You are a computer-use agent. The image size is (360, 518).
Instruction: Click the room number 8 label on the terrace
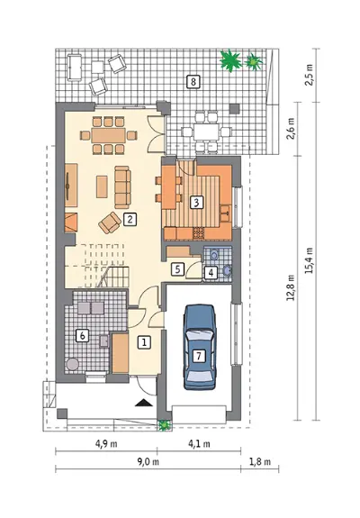[193, 81]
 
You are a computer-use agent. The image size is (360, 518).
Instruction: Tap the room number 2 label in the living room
[130, 219]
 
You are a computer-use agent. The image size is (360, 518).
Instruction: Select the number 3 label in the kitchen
[196, 203]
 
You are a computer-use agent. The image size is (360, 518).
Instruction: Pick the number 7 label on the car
[199, 356]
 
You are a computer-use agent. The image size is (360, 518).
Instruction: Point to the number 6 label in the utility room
[82, 336]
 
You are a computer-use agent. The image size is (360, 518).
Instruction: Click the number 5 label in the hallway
[177, 269]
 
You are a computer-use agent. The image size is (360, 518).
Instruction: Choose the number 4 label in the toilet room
[211, 273]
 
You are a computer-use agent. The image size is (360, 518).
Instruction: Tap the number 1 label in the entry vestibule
[144, 342]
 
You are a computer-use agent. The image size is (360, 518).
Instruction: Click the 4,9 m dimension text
[106, 443]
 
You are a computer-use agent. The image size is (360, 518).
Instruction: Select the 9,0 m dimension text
[148, 461]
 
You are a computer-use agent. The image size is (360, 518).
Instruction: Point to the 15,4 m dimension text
[310, 260]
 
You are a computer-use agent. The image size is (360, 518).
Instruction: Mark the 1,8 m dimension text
[260, 461]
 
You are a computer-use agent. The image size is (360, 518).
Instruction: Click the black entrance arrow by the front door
[143, 403]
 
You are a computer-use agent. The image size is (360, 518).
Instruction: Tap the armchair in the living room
[110, 223]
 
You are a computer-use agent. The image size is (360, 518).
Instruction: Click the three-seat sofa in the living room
[122, 187]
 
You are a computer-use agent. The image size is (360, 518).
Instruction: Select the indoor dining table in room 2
[109, 135]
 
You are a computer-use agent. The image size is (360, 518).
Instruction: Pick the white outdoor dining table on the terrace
[206, 132]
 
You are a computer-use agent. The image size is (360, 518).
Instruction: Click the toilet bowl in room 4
[214, 255]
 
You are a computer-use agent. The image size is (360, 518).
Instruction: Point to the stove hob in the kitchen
[199, 233]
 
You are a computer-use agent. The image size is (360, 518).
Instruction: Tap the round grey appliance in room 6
[72, 364]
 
